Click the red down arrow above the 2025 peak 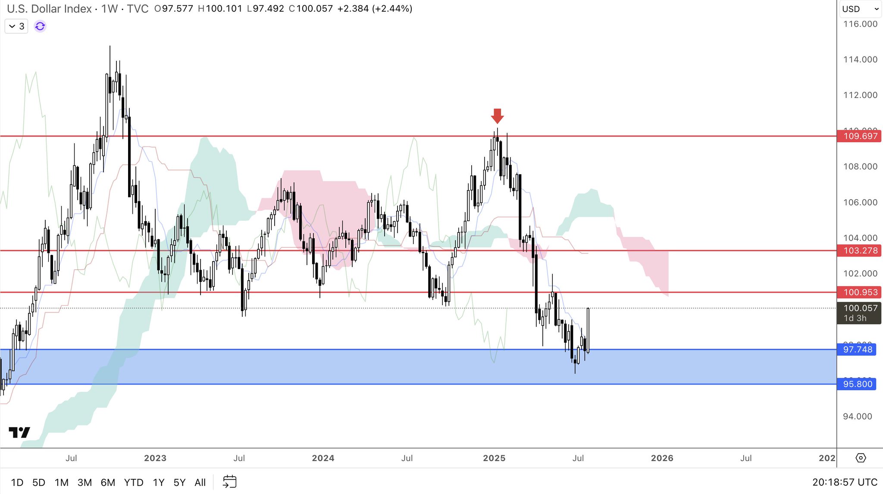pos(497,116)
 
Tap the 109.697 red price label pos(860,136)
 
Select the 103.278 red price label pos(860,250)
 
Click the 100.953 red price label pos(860,292)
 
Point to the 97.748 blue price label pos(857,350)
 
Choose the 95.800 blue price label pos(857,384)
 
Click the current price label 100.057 pos(860,308)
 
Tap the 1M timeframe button pos(62,482)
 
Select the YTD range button pos(134,482)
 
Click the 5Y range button pos(179,482)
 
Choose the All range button pos(200,482)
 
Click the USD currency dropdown pos(860,9)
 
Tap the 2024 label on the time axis pos(323,458)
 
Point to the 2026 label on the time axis pos(662,458)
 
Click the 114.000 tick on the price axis pos(860,59)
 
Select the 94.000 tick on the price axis pos(858,416)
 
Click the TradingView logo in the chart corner pos(19,432)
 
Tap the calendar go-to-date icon pos(230,482)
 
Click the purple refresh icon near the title pos(40,26)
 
